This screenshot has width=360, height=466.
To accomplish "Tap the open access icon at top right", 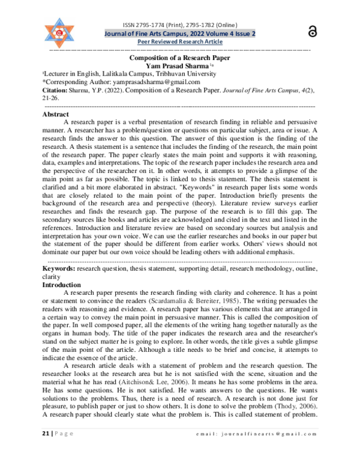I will point(311,32).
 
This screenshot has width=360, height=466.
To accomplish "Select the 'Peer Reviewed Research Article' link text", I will point(180,43).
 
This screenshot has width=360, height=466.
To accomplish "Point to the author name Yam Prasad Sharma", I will point(178,65).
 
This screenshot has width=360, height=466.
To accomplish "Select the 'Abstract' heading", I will point(56,113).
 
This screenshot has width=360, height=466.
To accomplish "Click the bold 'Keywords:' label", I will point(58,270).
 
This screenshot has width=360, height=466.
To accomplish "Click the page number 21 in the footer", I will point(46,450).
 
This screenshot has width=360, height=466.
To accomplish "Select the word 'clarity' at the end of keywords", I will point(51,277).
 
